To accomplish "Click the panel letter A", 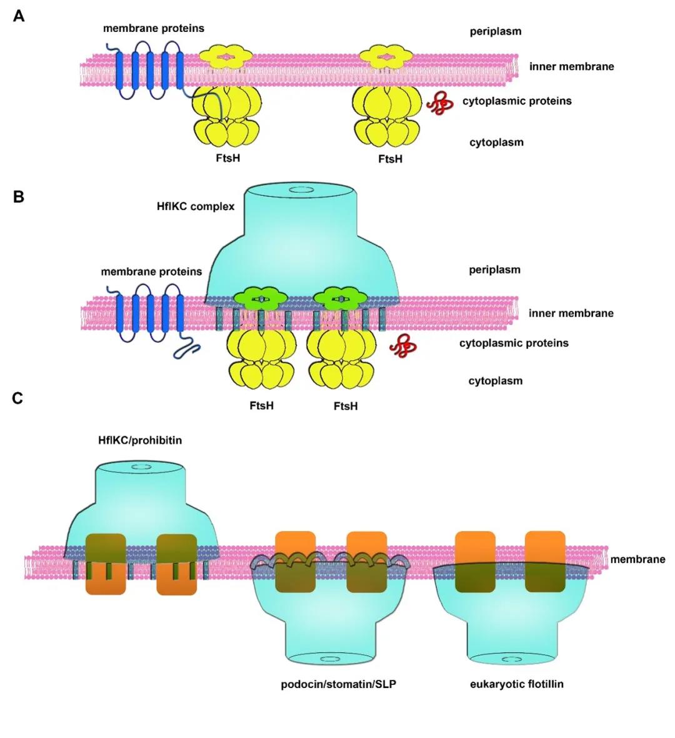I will [x=19, y=16].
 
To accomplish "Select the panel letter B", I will [x=19, y=197].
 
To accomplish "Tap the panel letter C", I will [x=18, y=398].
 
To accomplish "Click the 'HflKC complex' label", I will [x=196, y=206].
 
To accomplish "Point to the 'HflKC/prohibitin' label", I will [x=140, y=440].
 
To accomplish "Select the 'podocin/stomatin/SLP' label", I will [x=339, y=684].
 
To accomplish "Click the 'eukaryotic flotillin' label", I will [x=517, y=684].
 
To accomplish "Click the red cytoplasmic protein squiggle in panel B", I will [x=403, y=345].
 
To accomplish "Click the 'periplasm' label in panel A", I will [x=496, y=31].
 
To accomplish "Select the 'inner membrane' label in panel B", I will [x=571, y=313].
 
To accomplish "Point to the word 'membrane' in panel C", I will [x=637, y=559].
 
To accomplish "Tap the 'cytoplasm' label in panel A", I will [x=497, y=143].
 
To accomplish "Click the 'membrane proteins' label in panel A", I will [x=154, y=28].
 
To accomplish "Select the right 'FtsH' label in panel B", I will [x=346, y=406].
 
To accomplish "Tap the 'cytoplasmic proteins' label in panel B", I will [x=514, y=343].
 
